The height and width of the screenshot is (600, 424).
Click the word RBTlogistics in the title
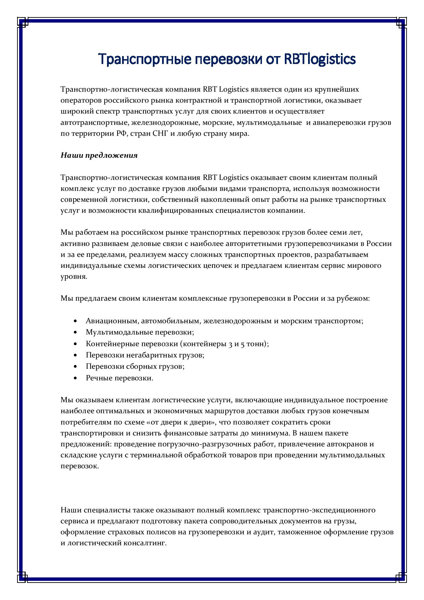click(x=320, y=59)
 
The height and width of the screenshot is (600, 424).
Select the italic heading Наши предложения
click(x=99, y=155)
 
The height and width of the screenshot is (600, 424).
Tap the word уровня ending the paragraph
click(x=74, y=277)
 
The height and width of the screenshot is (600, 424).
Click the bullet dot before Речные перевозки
click(x=75, y=378)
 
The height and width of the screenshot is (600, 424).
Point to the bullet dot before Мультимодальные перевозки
click(x=75, y=332)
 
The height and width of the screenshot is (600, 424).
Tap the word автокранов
click(x=348, y=444)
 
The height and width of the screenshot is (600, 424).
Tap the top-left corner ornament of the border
click(x=23, y=23)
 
